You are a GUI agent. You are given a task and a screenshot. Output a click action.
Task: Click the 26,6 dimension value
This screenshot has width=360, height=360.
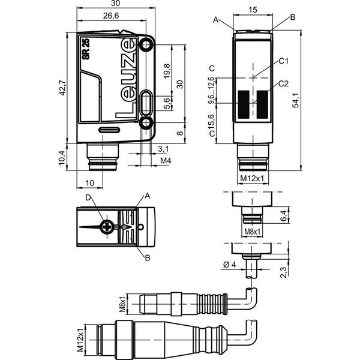(111, 16)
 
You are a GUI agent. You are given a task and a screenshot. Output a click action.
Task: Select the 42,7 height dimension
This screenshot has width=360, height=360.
(62, 88)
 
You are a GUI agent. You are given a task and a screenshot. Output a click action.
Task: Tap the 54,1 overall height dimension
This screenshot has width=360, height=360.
(296, 100)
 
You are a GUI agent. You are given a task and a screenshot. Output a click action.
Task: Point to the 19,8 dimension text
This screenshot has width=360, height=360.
(167, 71)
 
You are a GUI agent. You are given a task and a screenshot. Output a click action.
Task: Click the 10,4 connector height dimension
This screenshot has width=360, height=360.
(62, 158)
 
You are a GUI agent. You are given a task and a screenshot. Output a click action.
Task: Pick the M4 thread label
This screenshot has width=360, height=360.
(166, 160)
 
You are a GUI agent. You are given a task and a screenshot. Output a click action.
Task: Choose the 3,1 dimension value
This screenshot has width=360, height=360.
(163, 149)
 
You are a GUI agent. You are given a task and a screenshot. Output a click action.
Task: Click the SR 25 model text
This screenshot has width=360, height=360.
(86, 49)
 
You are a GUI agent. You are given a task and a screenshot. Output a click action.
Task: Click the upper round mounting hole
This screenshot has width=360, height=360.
(146, 45)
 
